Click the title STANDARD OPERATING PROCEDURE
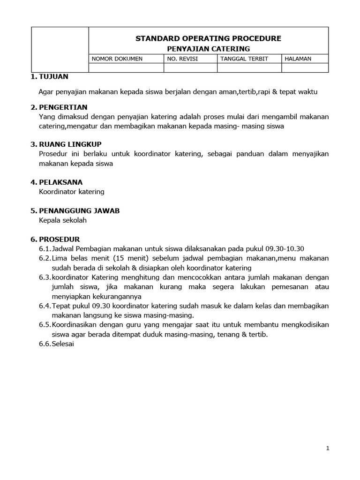coord(208,38)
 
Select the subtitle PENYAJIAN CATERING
coord(208,49)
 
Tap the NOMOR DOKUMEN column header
coord(117,59)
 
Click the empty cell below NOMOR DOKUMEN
coord(126,68)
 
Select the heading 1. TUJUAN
coord(49,76)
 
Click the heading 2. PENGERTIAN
coord(59,107)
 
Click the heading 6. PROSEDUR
coord(55,239)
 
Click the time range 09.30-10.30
coord(285,248)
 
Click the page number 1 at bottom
coord(328,449)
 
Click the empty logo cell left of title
coord(60,50)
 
